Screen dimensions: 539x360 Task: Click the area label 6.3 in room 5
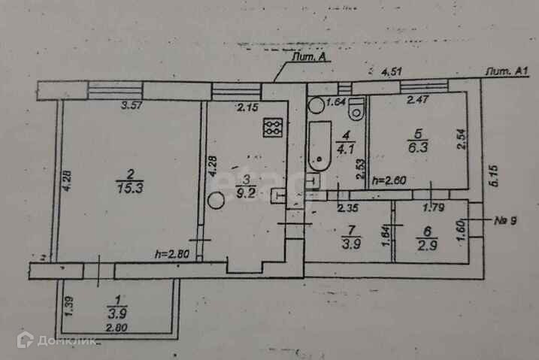(x=416, y=149)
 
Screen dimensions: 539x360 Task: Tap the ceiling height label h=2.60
(x=390, y=181)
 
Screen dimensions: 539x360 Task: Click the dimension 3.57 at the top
(x=132, y=107)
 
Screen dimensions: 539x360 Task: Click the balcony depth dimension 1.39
(x=68, y=306)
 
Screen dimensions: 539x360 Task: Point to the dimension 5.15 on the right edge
(x=494, y=177)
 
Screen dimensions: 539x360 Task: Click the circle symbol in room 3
(x=217, y=201)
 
